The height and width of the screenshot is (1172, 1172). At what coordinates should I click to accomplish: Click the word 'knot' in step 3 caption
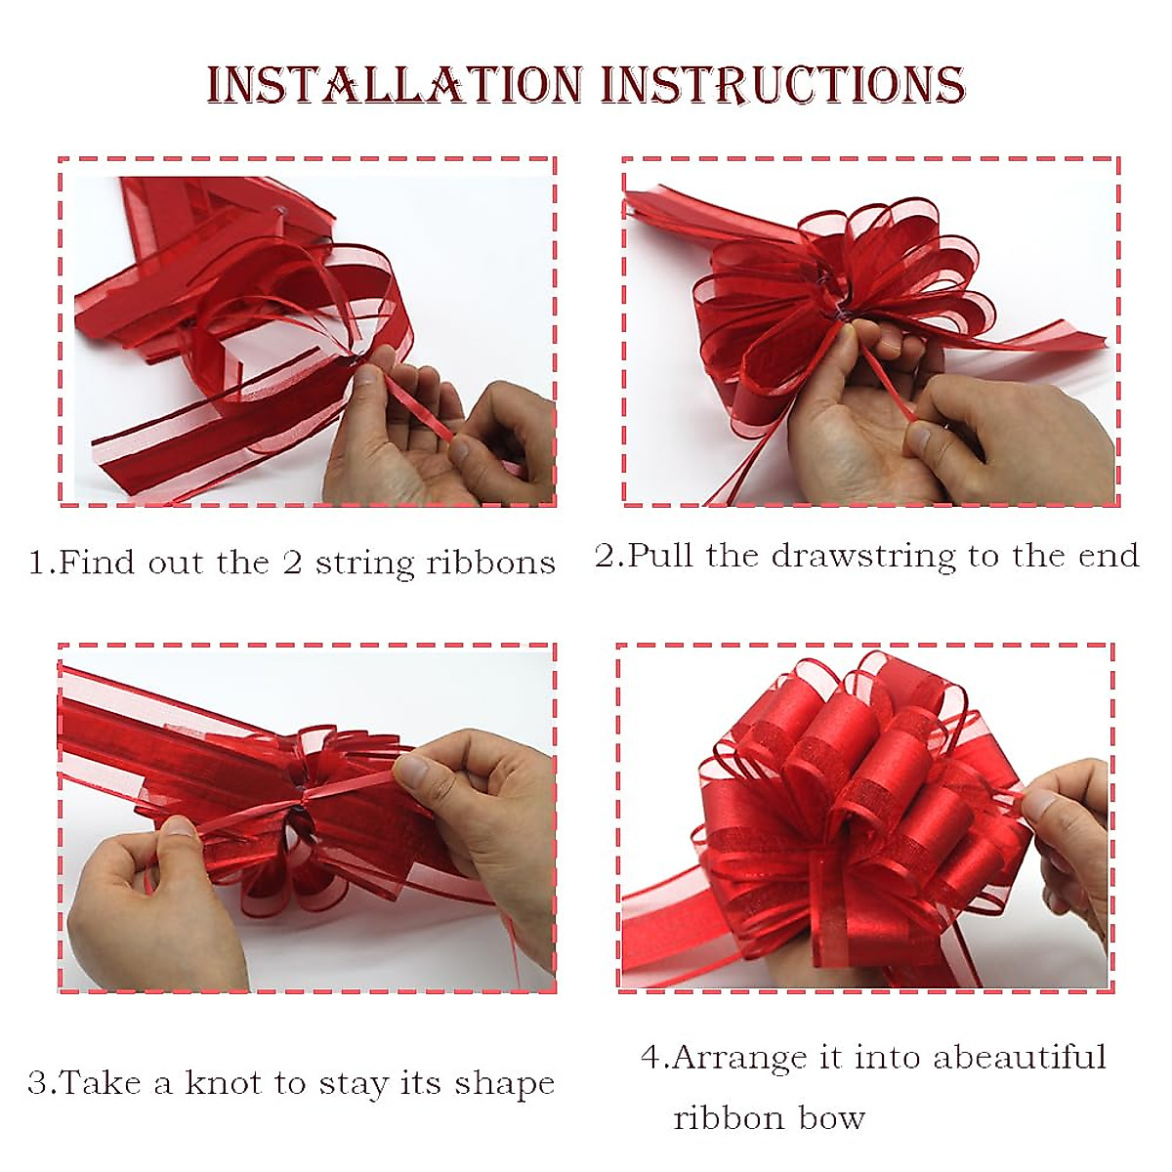point(224,1082)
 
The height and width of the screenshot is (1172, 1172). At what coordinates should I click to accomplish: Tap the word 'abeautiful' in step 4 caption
point(1019,1058)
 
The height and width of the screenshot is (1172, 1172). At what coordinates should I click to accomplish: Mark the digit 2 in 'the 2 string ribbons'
point(292,564)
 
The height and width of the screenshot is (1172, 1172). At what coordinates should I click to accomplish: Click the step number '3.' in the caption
point(41,1083)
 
